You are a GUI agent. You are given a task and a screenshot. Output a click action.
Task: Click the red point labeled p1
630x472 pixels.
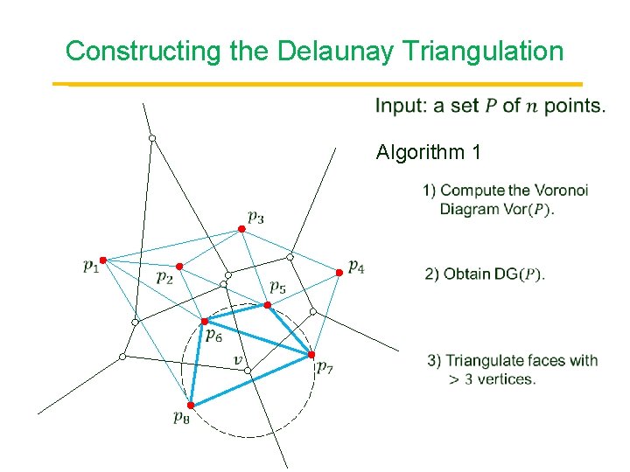point(102,260)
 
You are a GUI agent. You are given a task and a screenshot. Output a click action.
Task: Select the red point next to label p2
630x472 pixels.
point(178,266)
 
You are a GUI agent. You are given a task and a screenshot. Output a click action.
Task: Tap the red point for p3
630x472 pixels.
point(242,229)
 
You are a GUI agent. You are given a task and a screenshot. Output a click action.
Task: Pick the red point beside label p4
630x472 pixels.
point(339,273)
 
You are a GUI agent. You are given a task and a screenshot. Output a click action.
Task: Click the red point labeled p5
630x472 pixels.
point(268,305)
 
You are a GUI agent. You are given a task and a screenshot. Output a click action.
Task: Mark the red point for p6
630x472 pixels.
point(205,322)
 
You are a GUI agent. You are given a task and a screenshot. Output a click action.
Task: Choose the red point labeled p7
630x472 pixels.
point(311,354)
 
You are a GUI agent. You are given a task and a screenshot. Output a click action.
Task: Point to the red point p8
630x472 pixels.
point(190,405)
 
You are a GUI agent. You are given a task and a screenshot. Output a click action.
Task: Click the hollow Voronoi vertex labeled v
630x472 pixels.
point(248,371)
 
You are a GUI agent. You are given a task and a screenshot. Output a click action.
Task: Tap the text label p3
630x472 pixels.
point(255,215)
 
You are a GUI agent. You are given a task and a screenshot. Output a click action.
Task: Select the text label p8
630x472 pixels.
point(181,418)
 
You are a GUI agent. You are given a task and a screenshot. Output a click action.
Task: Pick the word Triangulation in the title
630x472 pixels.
point(485,51)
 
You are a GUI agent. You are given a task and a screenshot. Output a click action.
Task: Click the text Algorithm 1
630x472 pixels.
point(429,153)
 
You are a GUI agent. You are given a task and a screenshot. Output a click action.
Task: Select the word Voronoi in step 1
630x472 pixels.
point(561,191)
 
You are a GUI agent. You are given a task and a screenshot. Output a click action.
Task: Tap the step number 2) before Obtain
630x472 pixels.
point(432,274)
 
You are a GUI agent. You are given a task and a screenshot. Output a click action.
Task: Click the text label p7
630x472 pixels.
point(325,367)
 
